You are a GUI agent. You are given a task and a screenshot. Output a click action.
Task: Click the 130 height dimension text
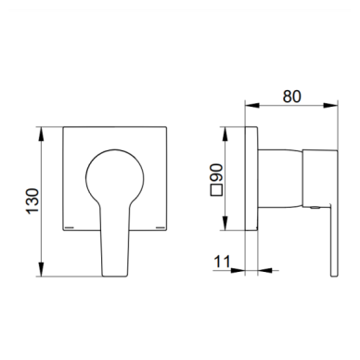(32, 201)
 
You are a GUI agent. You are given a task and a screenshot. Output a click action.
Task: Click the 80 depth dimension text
(291, 96)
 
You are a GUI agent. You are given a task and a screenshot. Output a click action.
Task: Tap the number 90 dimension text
(216, 173)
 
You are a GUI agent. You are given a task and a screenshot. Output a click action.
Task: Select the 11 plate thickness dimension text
(222, 262)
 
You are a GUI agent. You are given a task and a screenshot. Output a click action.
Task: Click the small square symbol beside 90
(216, 190)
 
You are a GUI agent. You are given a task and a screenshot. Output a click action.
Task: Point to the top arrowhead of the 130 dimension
(41, 134)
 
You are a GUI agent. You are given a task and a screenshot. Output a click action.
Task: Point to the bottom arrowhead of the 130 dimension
(41, 269)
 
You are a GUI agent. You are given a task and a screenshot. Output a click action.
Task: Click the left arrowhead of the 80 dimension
(252, 106)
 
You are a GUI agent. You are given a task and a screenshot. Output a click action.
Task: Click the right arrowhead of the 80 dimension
(330, 106)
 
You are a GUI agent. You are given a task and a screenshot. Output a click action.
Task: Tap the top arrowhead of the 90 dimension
(225, 134)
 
